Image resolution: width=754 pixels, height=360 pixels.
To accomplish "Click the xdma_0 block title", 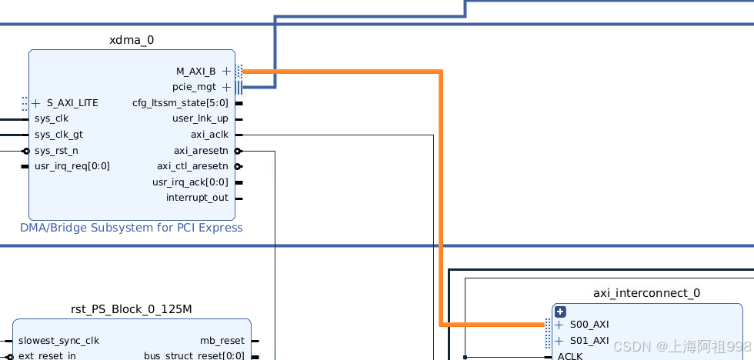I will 132,40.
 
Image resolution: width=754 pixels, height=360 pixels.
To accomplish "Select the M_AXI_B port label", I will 195,72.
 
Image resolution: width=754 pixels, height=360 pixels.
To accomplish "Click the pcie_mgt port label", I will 194,87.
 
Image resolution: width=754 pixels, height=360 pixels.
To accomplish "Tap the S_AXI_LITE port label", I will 72,103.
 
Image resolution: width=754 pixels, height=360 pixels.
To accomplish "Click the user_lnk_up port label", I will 200,118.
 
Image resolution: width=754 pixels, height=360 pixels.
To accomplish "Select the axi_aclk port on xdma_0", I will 209,135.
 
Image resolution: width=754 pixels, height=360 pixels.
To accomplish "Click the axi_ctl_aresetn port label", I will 192,166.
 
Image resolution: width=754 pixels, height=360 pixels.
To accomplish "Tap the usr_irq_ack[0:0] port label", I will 190,182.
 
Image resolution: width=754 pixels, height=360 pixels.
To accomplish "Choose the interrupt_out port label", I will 197,198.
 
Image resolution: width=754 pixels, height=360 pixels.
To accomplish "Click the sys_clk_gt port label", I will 58,135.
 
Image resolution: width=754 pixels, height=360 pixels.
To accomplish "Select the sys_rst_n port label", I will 56,151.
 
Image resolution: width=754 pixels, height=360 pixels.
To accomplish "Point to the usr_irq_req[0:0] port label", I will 72,166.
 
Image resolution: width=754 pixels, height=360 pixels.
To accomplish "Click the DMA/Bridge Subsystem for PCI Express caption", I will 132,228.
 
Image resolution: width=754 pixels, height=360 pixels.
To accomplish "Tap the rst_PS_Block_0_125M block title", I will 131,309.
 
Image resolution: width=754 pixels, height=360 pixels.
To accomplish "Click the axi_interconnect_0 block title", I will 646,293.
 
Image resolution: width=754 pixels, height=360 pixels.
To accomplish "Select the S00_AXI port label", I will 589,325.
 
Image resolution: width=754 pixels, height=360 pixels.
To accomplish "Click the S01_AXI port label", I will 589,341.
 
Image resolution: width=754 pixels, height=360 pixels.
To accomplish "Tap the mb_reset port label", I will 222,341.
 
